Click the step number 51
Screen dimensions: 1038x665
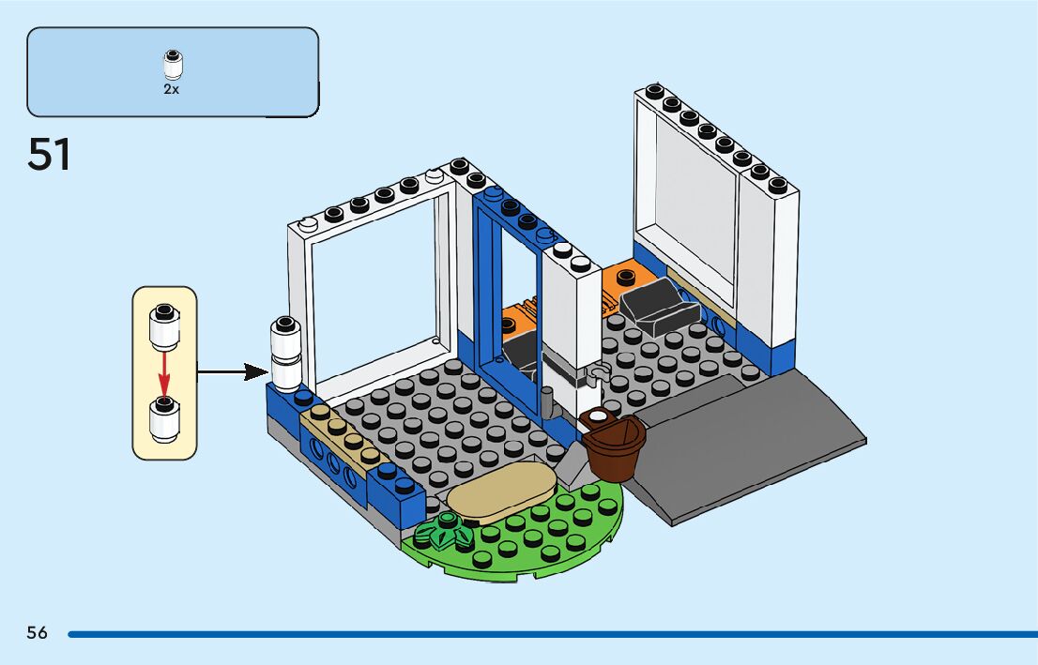click(50, 155)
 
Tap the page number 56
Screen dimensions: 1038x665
click(37, 632)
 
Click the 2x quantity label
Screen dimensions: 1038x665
click(172, 91)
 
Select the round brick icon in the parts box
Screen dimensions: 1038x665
click(172, 64)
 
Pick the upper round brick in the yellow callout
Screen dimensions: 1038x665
click(164, 325)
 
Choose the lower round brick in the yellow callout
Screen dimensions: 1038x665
click(164, 419)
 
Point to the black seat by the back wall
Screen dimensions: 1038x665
click(652, 301)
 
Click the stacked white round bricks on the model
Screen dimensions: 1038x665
click(285, 353)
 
